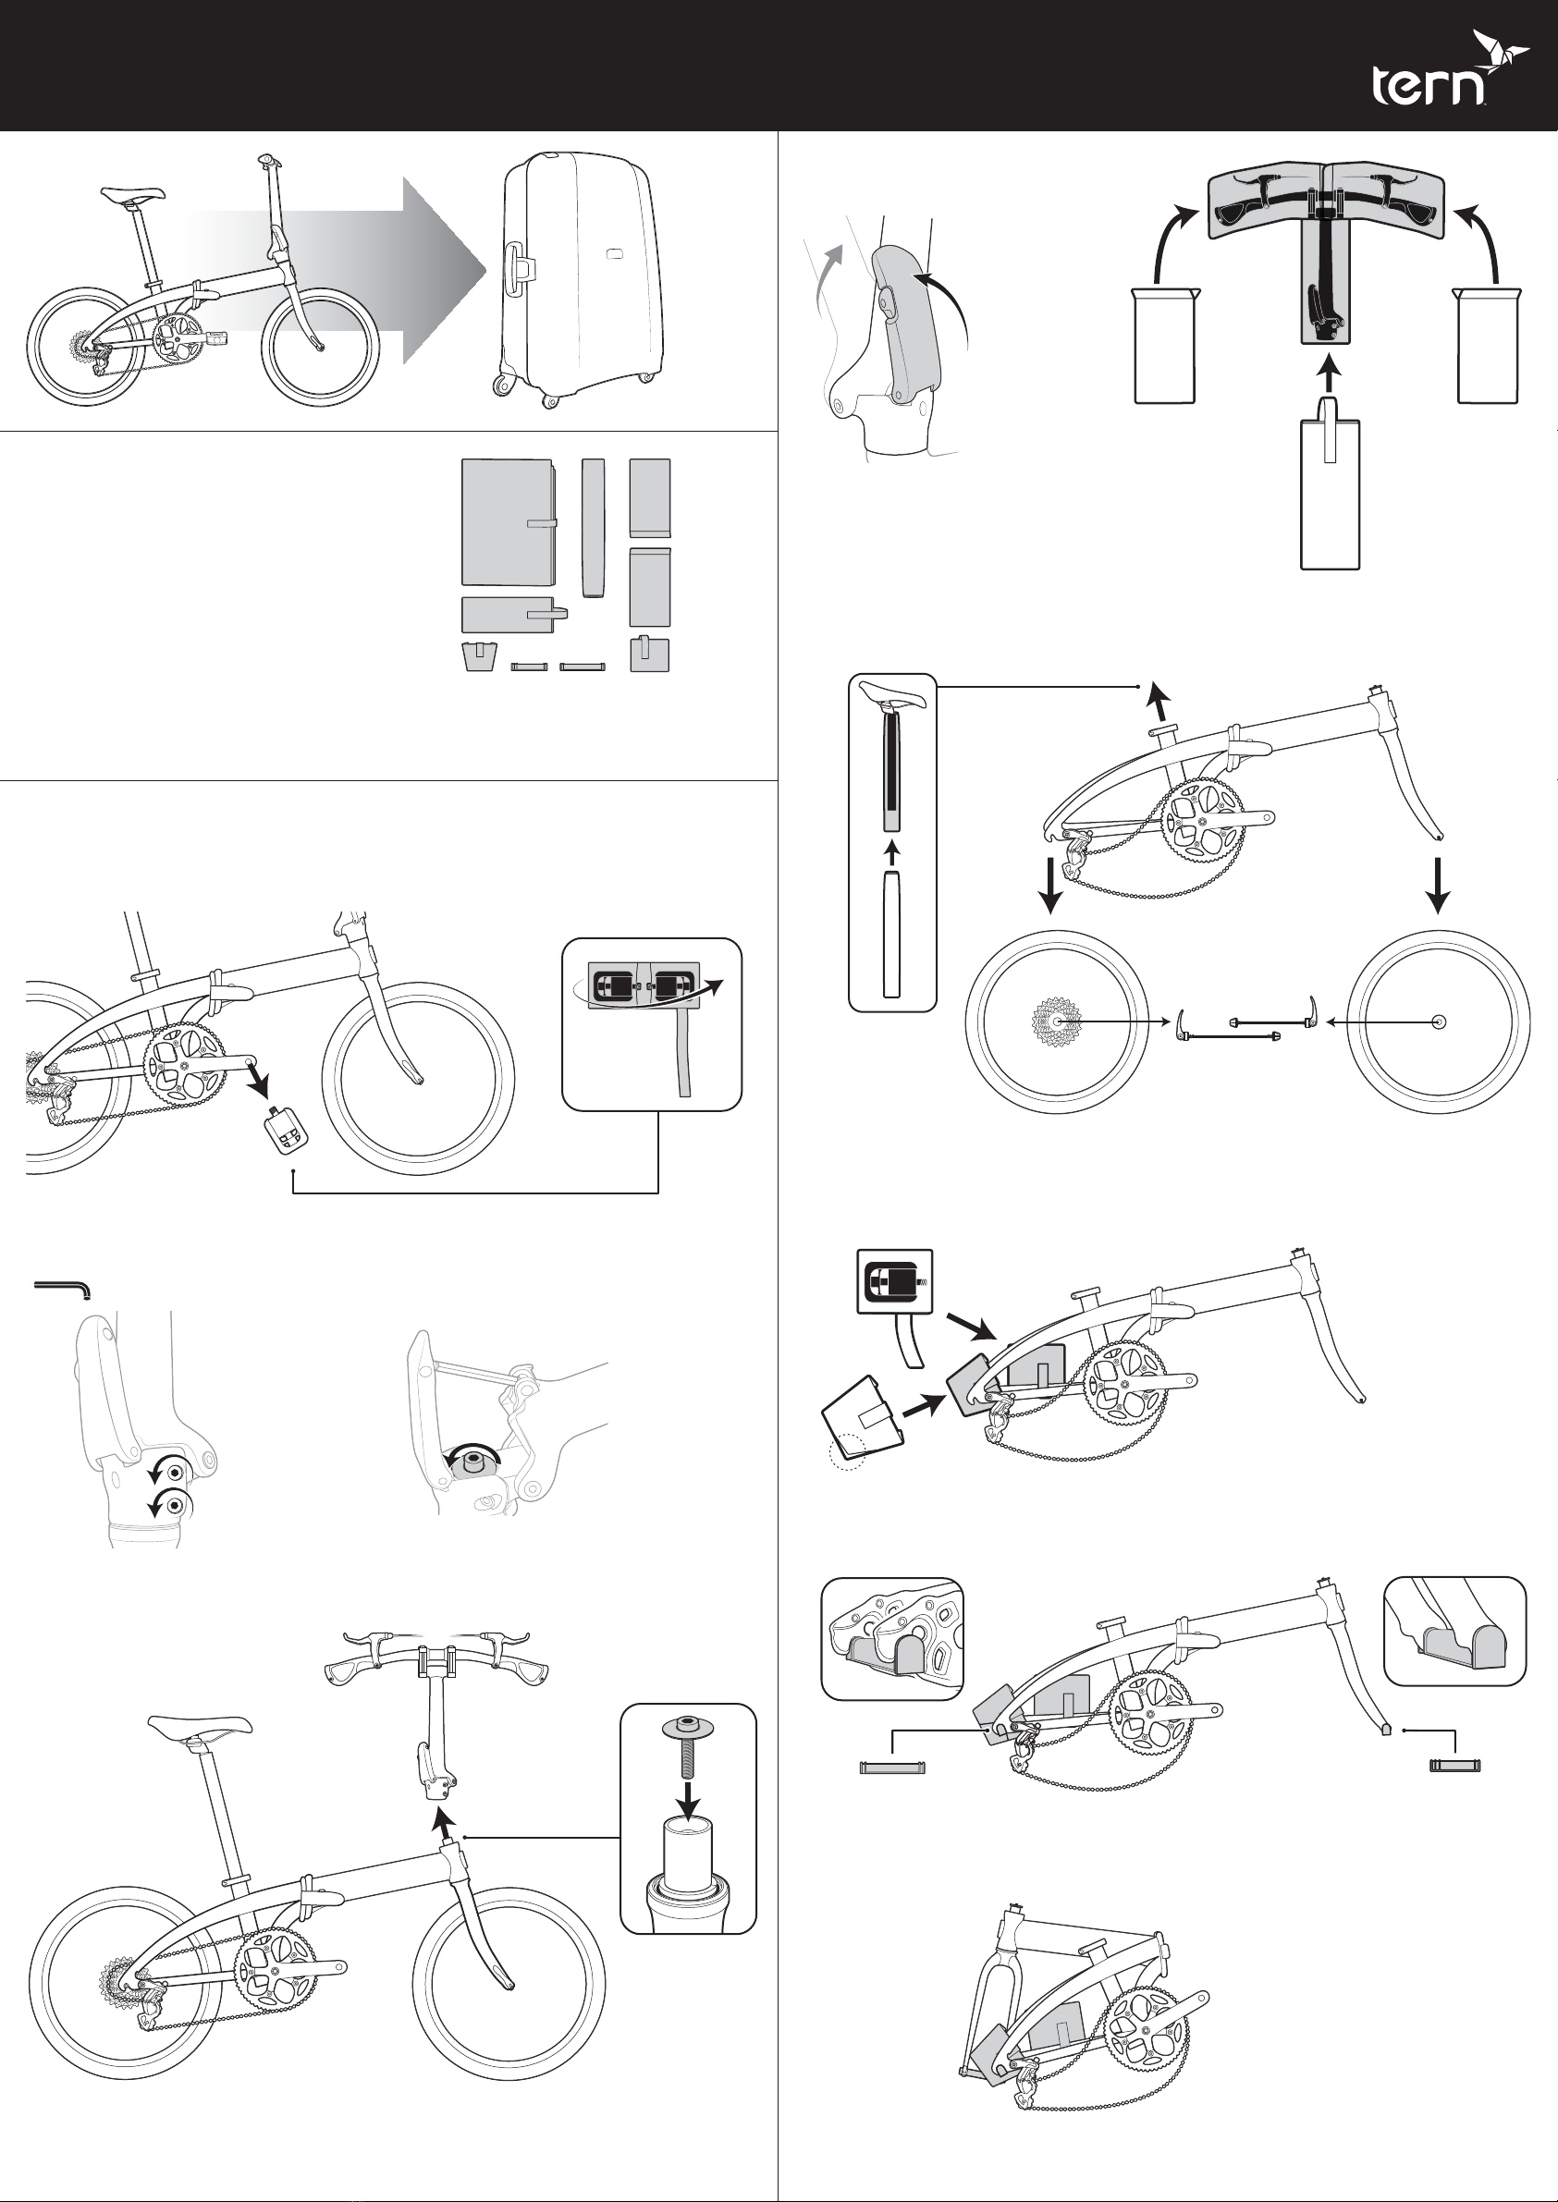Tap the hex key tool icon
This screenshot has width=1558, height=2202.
[62, 1287]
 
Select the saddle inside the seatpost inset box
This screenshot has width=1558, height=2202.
[892, 694]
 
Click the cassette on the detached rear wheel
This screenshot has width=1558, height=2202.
[1055, 1022]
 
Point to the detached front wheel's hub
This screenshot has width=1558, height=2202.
[1437, 1022]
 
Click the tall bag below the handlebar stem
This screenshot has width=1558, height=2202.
[1330, 494]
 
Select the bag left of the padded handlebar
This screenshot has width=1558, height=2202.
[1164, 345]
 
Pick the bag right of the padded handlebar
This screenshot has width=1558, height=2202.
[1487, 345]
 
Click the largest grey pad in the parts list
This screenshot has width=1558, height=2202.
[507, 522]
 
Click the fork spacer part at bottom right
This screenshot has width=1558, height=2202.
[1454, 1765]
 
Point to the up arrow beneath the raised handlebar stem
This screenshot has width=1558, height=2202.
[440, 1820]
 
